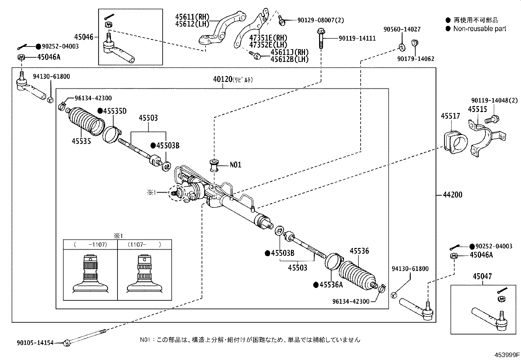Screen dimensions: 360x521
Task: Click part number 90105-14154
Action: tap(35, 343)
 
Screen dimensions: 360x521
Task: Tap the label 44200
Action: tap(452, 195)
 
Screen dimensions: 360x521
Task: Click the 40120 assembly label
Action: tap(223, 79)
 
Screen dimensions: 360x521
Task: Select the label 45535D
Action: tap(115, 111)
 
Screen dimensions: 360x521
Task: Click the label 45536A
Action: tap(331, 285)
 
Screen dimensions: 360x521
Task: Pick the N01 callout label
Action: tap(235, 165)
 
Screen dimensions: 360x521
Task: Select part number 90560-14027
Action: tap(402, 29)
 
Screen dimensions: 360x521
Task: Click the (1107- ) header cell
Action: tap(144, 244)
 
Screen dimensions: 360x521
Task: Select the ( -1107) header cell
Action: tap(90, 244)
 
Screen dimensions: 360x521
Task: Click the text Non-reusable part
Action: tap(479, 28)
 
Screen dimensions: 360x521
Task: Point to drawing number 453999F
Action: tap(507, 355)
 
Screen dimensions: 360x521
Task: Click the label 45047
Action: tap(482, 276)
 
